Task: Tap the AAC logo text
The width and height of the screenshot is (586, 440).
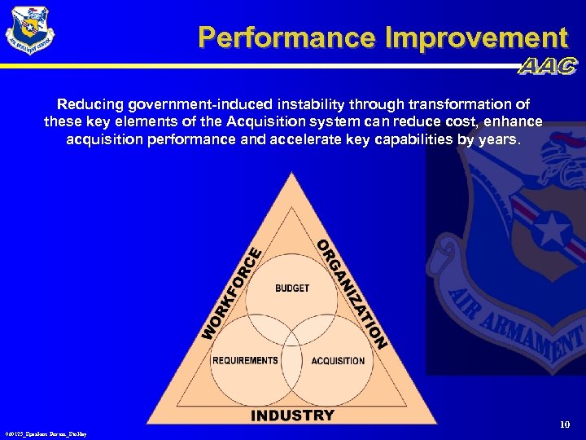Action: click(x=548, y=67)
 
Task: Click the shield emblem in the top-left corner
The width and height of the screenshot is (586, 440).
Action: click(x=29, y=31)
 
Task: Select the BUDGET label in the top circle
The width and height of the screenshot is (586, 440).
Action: click(x=292, y=288)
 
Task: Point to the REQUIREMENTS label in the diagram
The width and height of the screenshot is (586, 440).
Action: click(x=245, y=360)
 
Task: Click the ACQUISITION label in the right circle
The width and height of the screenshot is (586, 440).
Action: click(x=338, y=360)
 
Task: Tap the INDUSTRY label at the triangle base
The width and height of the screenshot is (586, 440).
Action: click(x=292, y=416)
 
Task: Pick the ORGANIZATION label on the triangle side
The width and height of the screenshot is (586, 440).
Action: click(x=350, y=293)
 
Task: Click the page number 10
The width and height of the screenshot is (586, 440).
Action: click(x=565, y=425)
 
